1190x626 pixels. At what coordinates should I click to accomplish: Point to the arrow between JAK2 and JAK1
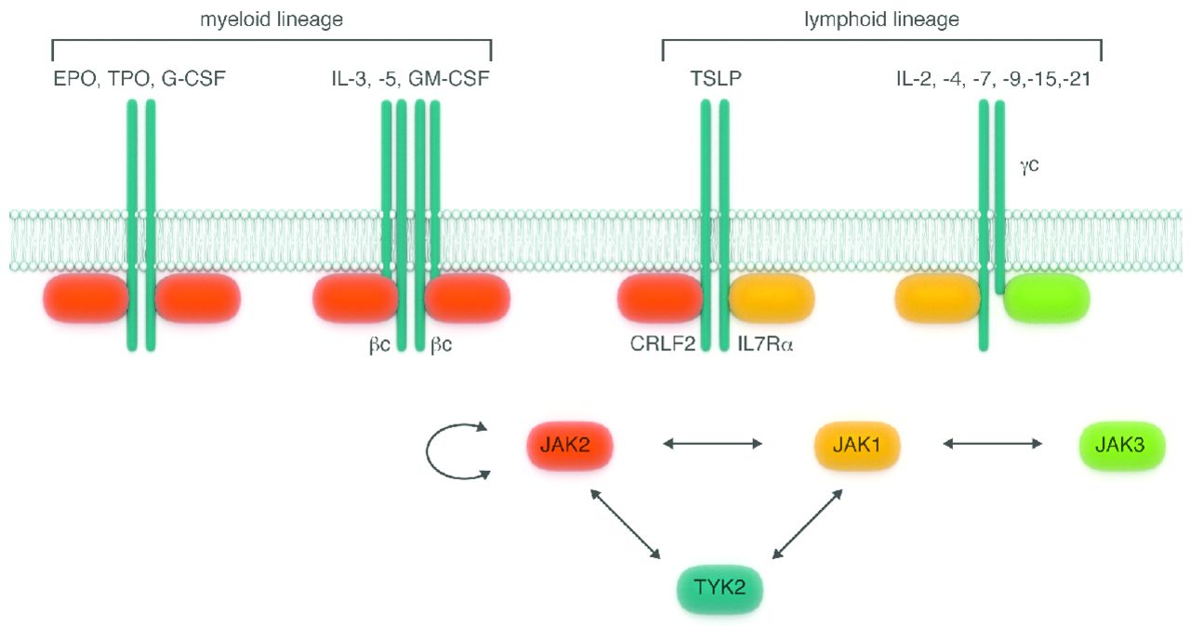pyautogui.click(x=713, y=445)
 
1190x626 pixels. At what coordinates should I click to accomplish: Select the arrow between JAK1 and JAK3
pyautogui.click(x=992, y=445)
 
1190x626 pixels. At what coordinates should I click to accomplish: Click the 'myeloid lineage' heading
pyautogui.click(x=271, y=20)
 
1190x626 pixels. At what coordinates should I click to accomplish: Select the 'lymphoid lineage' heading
pyautogui.click(x=881, y=20)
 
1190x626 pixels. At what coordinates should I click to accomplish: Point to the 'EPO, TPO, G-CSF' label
pyautogui.click(x=139, y=79)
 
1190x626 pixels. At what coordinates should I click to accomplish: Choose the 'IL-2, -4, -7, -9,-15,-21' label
pyautogui.click(x=993, y=79)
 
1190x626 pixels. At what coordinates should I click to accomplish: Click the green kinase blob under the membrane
pyautogui.click(x=1047, y=297)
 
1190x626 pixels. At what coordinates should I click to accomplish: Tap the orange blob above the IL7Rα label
pyautogui.click(x=772, y=297)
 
